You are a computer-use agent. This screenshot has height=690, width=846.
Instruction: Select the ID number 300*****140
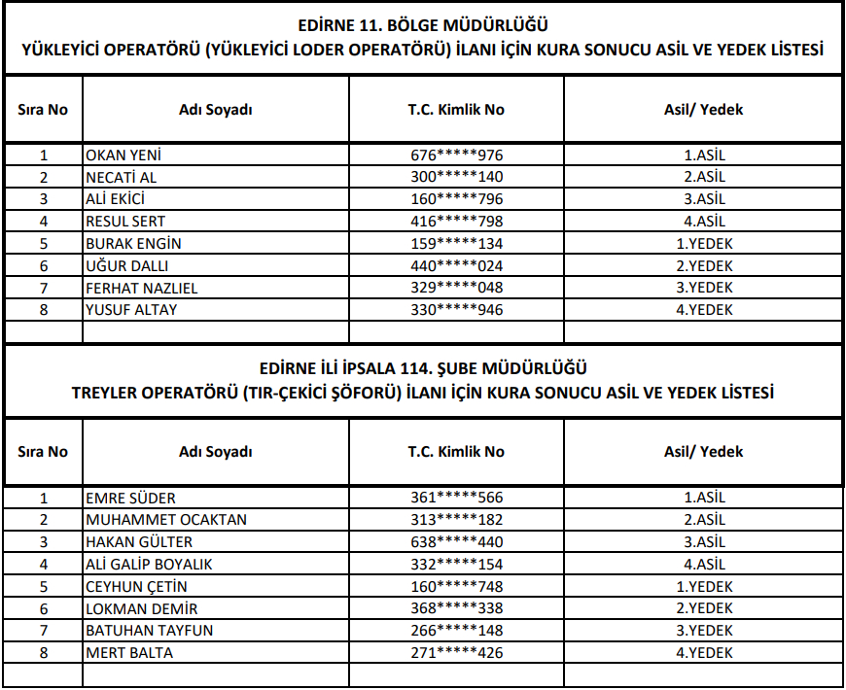(x=456, y=177)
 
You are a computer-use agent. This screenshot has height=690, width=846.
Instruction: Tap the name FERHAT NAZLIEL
(x=142, y=288)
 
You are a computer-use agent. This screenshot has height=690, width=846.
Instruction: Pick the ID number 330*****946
(x=456, y=310)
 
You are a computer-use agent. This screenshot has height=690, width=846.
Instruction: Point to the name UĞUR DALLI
(x=127, y=265)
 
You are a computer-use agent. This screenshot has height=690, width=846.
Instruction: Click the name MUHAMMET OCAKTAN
(x=166, y=519)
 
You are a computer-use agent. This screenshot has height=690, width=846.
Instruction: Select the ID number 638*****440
(x=456, y=541)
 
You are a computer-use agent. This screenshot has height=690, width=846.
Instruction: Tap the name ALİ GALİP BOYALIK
(x=149, y=564)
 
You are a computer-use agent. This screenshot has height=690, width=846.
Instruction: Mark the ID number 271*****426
(x=456, y=653)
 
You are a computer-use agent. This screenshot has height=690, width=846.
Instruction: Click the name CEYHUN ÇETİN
(x=136, y=586)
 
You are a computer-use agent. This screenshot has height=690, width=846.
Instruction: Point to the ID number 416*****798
(x=456, y=222)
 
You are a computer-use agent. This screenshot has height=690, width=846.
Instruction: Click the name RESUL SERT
(x=125, y=222)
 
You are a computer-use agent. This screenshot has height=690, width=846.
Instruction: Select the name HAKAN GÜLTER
(x=139, y=541)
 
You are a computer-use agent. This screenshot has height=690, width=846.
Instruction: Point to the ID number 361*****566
(x=456, y=498)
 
